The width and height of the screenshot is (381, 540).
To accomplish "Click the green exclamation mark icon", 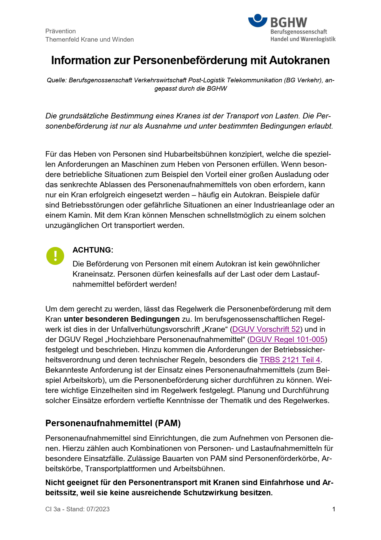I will point(55,256).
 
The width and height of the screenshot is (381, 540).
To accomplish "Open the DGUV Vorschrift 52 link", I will point(266,329).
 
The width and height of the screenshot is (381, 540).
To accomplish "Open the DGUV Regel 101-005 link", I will point(287,340).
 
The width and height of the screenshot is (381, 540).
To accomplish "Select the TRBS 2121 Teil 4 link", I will point(290,360).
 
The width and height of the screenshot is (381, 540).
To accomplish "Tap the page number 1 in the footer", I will point(334,509).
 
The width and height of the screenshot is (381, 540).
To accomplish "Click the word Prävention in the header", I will point(60,31).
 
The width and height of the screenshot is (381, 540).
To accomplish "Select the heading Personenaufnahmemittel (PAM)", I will point(113,423).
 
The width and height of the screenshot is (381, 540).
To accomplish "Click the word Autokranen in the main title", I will point(299,60).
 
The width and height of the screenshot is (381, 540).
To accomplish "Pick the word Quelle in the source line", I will point(56,80).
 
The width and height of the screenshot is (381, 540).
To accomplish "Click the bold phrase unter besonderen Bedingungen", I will point(122,319).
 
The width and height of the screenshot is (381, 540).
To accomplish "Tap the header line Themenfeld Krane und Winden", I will point(89,39).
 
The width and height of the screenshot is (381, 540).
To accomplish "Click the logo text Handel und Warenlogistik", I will point(303,39).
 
